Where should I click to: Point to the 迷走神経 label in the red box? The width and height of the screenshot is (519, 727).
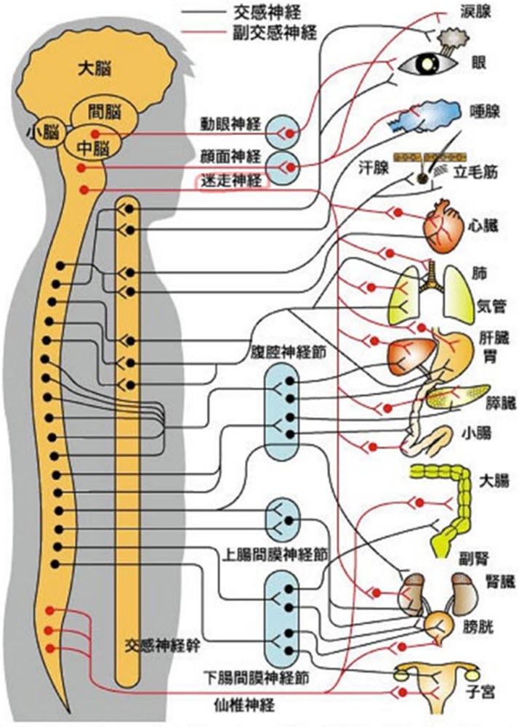pyautogui.click(x=230, y=182)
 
